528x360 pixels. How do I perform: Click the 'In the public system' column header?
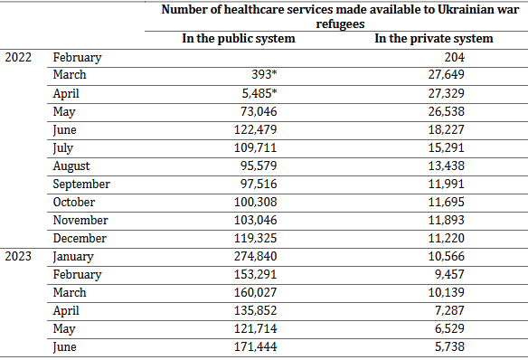coord(239,39)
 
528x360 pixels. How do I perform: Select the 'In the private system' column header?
coord(434,39)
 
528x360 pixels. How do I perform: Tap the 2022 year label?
coord(18,57)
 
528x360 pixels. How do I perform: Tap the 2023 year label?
coord(18,256)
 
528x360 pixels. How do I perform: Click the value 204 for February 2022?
coord(454,57)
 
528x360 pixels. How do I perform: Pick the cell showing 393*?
coord(264,74)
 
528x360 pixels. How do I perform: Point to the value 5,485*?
coord(259,93)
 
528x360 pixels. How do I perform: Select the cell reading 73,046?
coord(259,111)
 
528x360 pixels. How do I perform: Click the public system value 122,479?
coord(256,129)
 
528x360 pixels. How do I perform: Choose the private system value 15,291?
coord(446,147)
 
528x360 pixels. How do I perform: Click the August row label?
coord(71,166)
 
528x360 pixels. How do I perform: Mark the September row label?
coord(81,185)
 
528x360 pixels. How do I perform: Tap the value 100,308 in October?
coord(256,202)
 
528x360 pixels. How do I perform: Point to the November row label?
coord(80,220)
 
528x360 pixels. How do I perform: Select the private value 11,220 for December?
coord(446,239)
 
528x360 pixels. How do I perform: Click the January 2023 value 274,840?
coord(256,256)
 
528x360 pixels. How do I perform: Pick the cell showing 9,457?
coord(449,274)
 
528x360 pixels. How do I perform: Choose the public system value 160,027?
coord(256,293)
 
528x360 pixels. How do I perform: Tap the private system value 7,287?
coord(449,310)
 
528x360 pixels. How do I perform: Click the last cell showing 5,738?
coord(449,346)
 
